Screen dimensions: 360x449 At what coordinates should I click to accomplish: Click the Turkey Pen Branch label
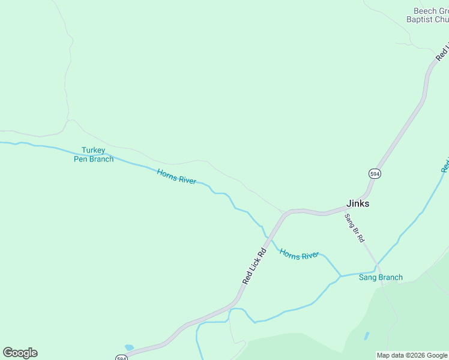click(x=94, y=155)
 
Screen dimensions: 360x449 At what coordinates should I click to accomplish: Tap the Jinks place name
click(x=358, y=203)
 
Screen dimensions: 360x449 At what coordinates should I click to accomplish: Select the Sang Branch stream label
click(x=381, y=277)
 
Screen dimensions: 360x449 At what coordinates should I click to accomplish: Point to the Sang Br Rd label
click(x=354, y=228)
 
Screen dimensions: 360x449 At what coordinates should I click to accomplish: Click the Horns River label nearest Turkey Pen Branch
click(x=176, y=176)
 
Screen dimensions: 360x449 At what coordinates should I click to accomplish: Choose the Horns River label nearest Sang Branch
click(x=299, y=255)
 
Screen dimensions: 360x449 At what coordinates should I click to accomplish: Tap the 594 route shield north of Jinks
click(x=375, y=173)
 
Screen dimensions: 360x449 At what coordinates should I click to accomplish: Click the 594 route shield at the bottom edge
click(x=122, y=358)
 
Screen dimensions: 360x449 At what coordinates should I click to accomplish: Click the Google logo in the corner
click(x=20, y=353)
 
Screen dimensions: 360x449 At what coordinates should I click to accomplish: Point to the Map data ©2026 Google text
click(x=412, y=355)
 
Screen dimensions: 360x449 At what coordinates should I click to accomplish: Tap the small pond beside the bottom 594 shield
click(x=128, y=347)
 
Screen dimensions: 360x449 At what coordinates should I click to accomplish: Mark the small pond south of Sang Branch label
click(x=366, y=336)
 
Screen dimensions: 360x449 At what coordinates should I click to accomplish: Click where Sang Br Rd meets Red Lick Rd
click(x=345, y=211)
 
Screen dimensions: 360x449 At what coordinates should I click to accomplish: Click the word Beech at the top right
click(x=424, y=11)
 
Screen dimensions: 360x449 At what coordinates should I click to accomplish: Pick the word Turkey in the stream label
click(x=94, y=151)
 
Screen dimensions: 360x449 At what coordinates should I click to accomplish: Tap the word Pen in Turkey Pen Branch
click(x=80, y=159)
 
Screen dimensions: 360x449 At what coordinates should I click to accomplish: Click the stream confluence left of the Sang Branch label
click(x=341, y=277)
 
